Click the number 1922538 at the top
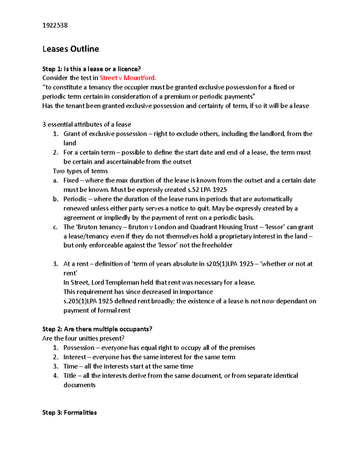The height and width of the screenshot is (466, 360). pos(55,25)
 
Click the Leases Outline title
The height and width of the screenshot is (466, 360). pos(70,49)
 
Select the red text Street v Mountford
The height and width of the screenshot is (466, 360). pos(128,78)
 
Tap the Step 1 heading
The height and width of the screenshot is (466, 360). pos(91,69)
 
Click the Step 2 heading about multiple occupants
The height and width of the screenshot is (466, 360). pos(97,329)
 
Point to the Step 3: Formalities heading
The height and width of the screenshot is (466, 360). pos(70,413)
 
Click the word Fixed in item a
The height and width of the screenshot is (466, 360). pos(71,180)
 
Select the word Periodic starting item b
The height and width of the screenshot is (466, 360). pos(75,199)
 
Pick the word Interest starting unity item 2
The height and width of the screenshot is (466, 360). pos(75,357)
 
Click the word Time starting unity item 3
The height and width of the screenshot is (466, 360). pos(70,366)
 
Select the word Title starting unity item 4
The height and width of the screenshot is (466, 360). pos(70,376)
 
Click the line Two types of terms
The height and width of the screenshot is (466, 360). pos(80,171)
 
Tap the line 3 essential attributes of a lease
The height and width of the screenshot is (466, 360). pos(87,125)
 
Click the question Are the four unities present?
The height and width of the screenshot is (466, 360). pos(83,338)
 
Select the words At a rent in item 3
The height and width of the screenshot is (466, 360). pos(76,264)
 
